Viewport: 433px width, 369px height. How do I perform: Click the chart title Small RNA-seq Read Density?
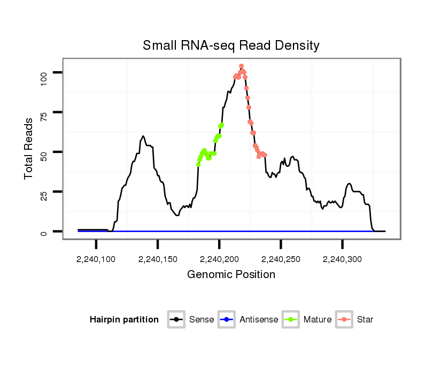click(x=231, y=45)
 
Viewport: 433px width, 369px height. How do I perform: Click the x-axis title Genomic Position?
click(x=231, y=275)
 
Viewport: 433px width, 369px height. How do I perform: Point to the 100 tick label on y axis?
click(x=43, y=72)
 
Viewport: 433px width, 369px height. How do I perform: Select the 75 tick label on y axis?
click(x=43, y=112)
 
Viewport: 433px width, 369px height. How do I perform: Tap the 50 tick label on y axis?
click(x=43, y=152)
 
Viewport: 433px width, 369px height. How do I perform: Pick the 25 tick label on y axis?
click(x=43, y=191)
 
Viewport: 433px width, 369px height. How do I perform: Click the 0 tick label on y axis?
click(x=43, y=232)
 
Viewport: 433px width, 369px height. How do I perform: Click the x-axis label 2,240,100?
click(x=96, y=259)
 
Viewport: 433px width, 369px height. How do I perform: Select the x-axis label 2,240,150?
click(x=158, y=259)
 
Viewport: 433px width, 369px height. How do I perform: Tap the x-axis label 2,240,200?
click(x=219, y=259)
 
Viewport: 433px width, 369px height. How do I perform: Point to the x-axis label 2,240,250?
click(x=281, y=259)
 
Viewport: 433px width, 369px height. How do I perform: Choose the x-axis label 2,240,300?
click(x=342, y=259)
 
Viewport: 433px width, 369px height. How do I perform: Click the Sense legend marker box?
click(x=176, y=320)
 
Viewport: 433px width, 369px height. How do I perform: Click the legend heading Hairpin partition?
click(x=124, y=320)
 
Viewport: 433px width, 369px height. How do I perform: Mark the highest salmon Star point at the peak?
click(x=241, y=66)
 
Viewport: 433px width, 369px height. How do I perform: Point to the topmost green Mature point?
click(x=222, y=125)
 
